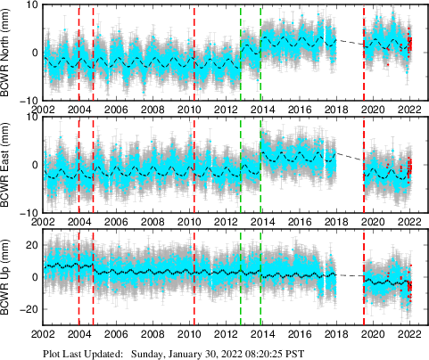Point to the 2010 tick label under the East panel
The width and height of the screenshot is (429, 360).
[x=189, y=222]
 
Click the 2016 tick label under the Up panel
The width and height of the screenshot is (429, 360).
[x=300, y=336]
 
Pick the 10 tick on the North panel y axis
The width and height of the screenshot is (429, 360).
[x=30, y=5]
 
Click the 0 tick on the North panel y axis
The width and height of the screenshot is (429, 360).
[x=34, y=53]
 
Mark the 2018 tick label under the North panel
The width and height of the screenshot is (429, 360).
[x=336, y=109]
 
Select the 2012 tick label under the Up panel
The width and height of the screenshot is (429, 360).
[x=226, y=336]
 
